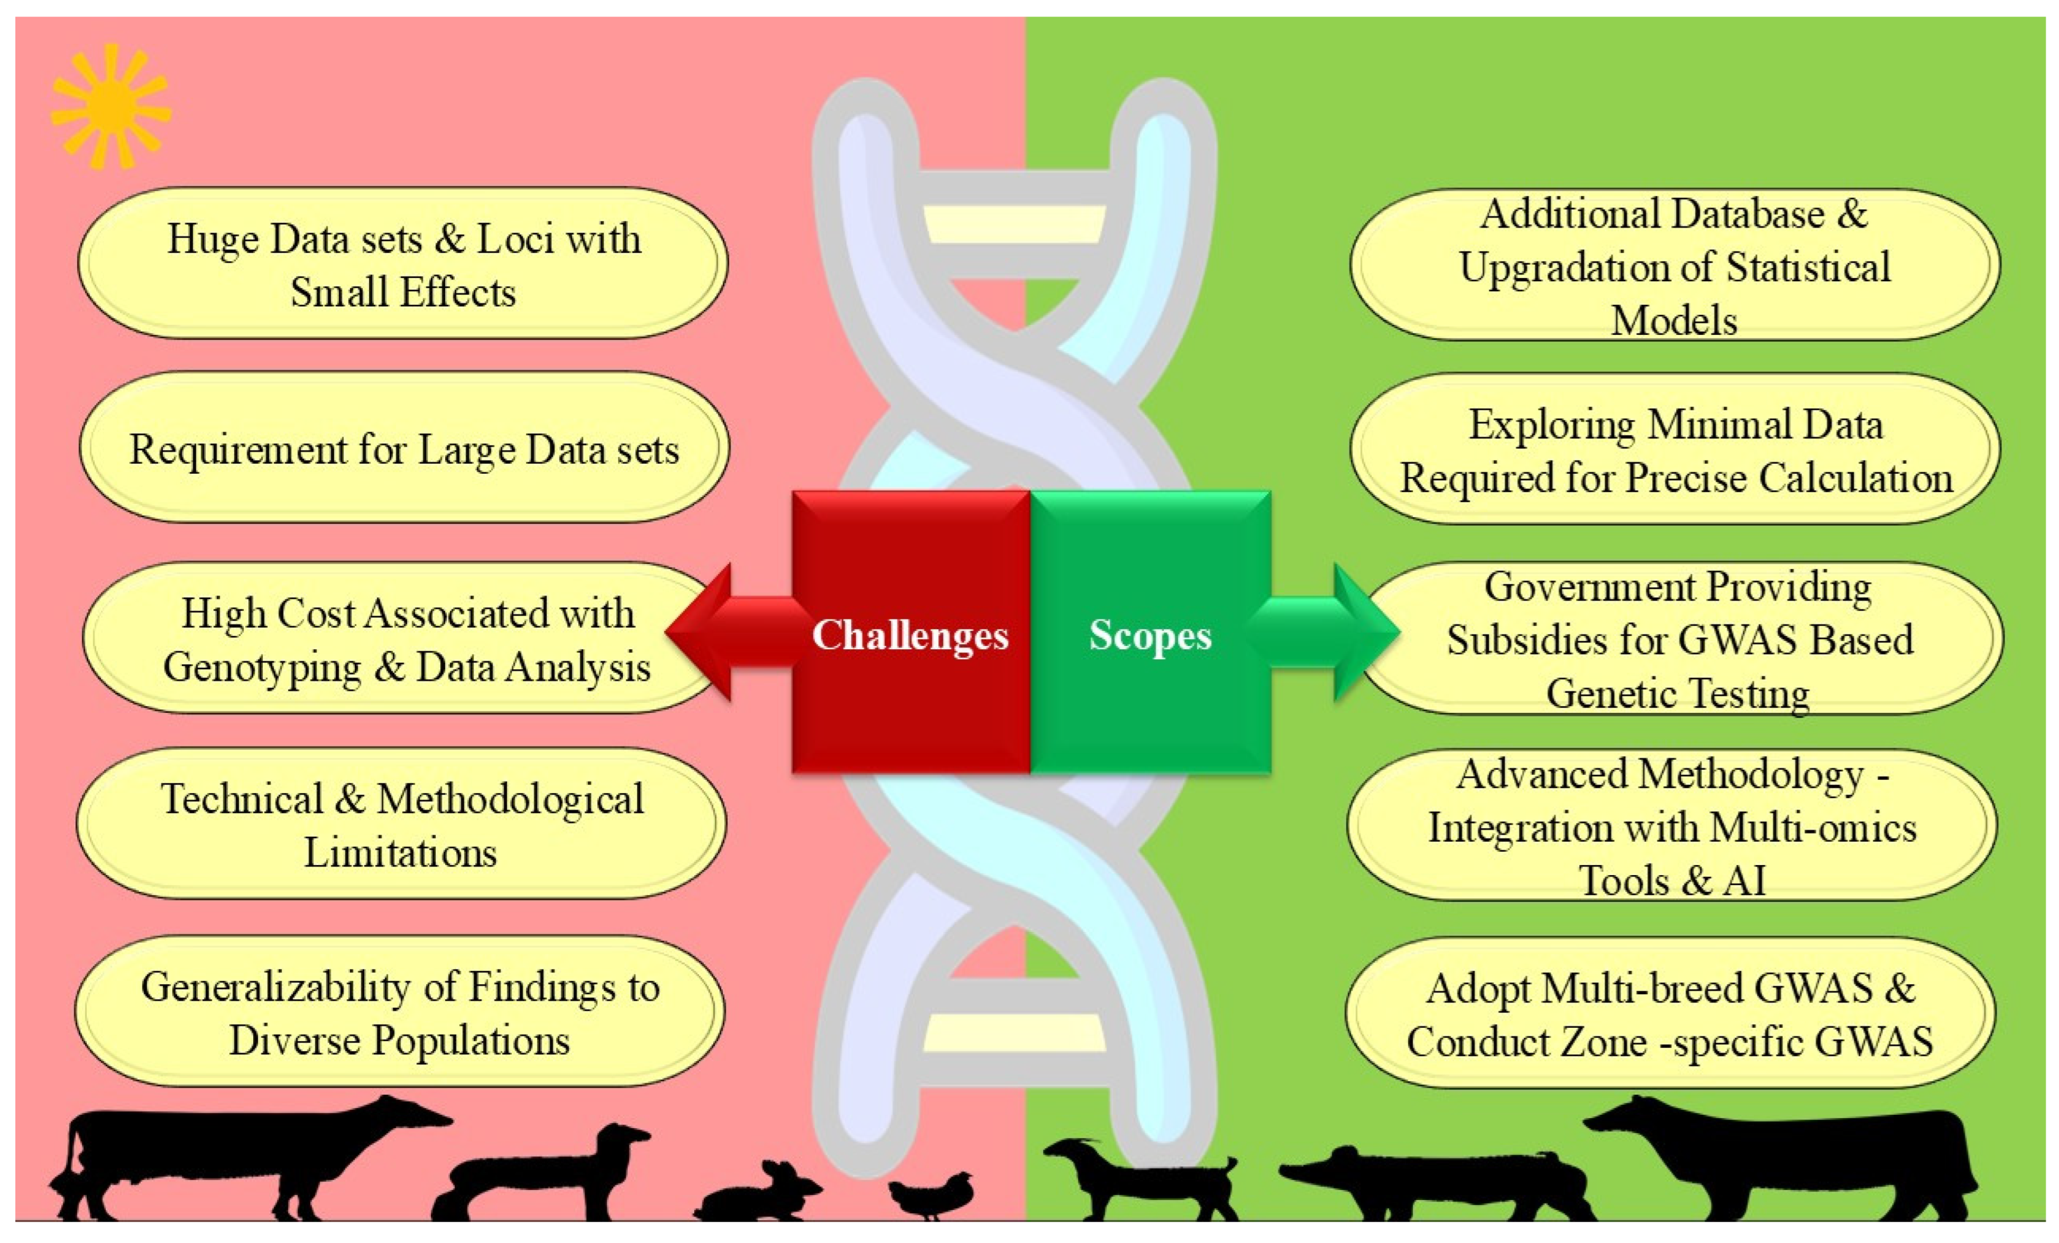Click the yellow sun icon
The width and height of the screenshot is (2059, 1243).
110,108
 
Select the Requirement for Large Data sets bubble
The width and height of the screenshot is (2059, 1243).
404,449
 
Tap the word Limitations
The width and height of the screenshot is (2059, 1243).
401,853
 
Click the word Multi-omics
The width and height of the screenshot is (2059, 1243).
1813,828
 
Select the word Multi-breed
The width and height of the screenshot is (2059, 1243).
1641,989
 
